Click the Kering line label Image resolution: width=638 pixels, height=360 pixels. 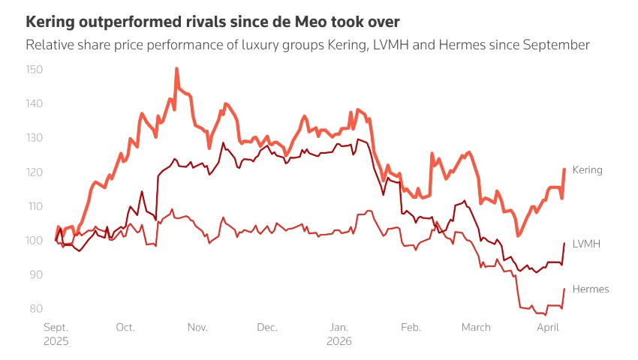tap(587, 170)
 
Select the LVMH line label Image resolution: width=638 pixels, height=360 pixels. tap(586, 244)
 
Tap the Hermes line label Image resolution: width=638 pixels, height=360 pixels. tap(590, 289)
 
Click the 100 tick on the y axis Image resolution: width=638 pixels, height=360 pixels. tap(35, 240)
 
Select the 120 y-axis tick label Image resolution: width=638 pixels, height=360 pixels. tap(35, 172)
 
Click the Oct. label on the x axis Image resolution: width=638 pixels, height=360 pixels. tap(125, 327)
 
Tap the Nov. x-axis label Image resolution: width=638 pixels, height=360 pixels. tap(197, 327)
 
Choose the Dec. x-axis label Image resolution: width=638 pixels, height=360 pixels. tap(267, 327)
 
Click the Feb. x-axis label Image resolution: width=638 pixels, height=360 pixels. tap(411, 327)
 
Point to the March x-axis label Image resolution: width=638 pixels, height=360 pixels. tap(476, 327)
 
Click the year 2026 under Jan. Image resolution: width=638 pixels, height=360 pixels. tap(339, 340)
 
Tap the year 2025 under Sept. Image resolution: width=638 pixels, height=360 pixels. tap(56, 340)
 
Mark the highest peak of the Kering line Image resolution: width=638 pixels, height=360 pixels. tap(176, 68)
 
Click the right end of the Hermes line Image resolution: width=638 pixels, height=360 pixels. tap(564, 289)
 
